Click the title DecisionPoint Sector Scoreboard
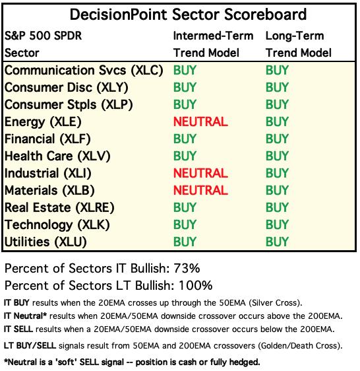[188, 15]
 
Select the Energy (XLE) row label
[43, 122]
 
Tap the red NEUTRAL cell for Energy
[200, 121]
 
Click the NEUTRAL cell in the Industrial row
[200, 173]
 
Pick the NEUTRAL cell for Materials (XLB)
[200, 190]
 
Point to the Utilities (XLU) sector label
[45, 242]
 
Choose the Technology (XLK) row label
[57, 224]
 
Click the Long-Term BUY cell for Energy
[277, 121]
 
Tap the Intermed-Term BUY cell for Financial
[185, 139]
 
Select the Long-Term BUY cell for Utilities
[277, 242]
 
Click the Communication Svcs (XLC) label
[84, 70]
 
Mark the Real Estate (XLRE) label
[59, 207]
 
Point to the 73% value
[187, 268]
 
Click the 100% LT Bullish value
[196, 285]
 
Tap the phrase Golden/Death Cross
[299, 346]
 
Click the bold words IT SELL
[18, 329]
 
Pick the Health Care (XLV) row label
[57, 156]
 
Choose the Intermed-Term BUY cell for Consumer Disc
[185, 87]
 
